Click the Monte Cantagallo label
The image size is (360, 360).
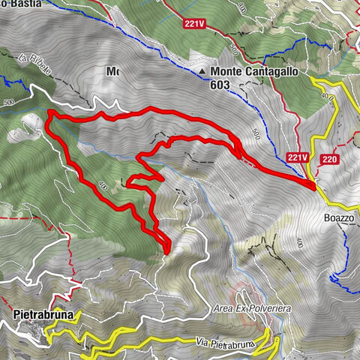pos(250,72)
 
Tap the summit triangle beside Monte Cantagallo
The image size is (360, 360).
pos(204,73)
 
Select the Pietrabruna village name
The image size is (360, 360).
pos(43,315)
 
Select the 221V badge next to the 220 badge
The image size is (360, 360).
pos(298,157)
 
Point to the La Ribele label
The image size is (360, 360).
pos(35,62)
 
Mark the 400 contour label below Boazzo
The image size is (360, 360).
pos(299,242)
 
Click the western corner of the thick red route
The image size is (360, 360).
pos(49,113)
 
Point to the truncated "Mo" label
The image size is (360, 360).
pos(112,72)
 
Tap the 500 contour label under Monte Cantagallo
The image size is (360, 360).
pos(256,133)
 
